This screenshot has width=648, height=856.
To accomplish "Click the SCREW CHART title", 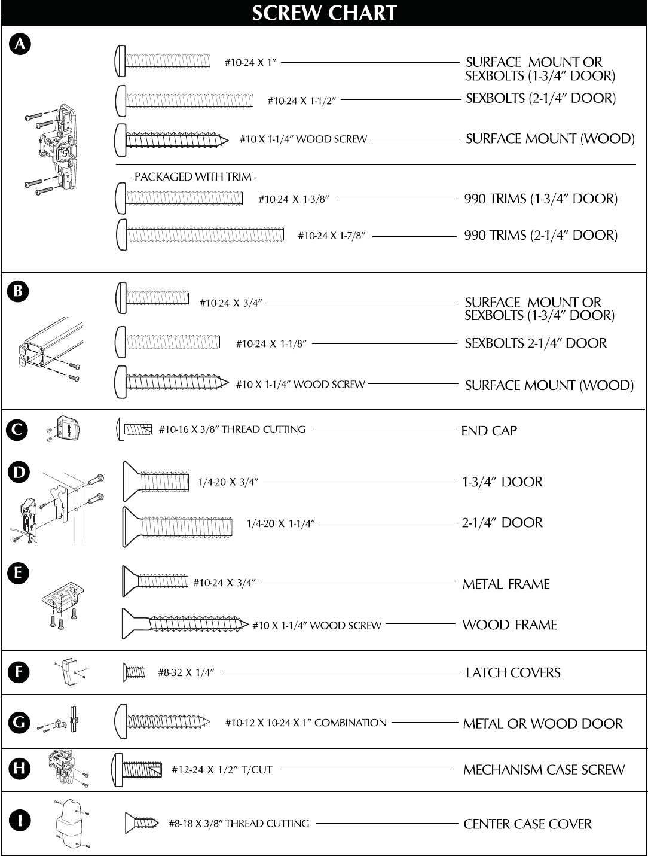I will click(324, 13).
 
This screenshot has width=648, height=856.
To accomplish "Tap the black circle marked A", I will click(20, 44).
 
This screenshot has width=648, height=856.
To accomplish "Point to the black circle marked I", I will click(19, 821).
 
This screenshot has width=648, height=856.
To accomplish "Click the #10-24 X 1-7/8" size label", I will click(332, 236).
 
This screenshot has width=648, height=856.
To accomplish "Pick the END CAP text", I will click(489, 431).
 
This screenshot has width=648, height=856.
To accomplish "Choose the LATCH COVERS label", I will click(513, 673).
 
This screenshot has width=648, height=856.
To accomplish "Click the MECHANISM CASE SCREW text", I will click(544, 770).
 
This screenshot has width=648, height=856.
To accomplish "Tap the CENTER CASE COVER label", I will click(527, 824).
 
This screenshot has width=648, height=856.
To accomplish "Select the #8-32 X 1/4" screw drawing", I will click(135, 672).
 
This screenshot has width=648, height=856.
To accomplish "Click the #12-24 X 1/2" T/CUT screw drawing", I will click(137, 769).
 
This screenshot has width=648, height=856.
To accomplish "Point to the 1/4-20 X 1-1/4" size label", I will click(280, 523).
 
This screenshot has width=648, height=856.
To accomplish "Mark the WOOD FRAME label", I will click(509, 625).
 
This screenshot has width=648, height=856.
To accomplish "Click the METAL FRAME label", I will click(506, 584).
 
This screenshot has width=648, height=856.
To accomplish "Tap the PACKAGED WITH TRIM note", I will click(193, 177).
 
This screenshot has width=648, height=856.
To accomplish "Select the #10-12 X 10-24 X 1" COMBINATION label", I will click(305, 723).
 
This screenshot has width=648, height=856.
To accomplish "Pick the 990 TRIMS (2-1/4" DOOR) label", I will click(540, 235).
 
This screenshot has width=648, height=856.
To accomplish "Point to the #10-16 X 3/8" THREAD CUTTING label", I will click(232, 429).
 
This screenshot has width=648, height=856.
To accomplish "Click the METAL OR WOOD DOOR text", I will click(543, 724).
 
